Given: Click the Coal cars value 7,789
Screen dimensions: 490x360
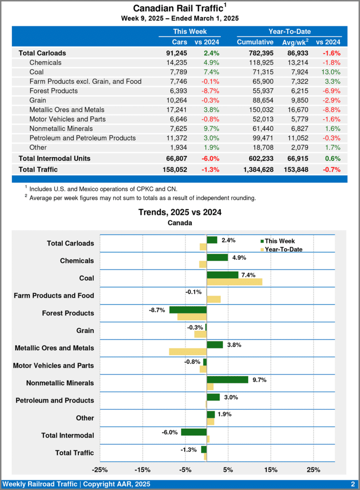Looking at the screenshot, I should pyautogui.click(x=177, y=72).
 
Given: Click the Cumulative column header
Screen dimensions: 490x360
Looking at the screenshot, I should pyautogui.click(x=255, y=42).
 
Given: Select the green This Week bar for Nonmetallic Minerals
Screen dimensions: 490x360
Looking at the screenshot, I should pyautogui.click(x=227, y=379).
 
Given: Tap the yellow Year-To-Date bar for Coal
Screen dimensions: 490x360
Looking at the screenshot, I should pyautogui.click(x=234, y=282).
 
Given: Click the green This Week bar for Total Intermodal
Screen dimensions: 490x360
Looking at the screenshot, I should pyautogui.click(x=194, y=432).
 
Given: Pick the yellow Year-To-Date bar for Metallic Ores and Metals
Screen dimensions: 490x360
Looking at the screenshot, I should pyautogui.click(x=188, y=352).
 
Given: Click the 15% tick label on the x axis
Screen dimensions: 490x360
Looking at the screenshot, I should pyautogui.click(x=270, y=469).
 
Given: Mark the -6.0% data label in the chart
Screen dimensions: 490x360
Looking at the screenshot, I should pyautogui.click(x=170, y=432).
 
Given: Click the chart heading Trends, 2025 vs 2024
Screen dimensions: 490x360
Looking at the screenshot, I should pyautogui.click(x=180, y=212).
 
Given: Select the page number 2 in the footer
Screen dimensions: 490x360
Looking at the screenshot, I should pyautogui.click(x=352, y=484).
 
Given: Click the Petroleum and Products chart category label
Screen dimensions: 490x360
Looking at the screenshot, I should pyautogui.click(x=55, y=401).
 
